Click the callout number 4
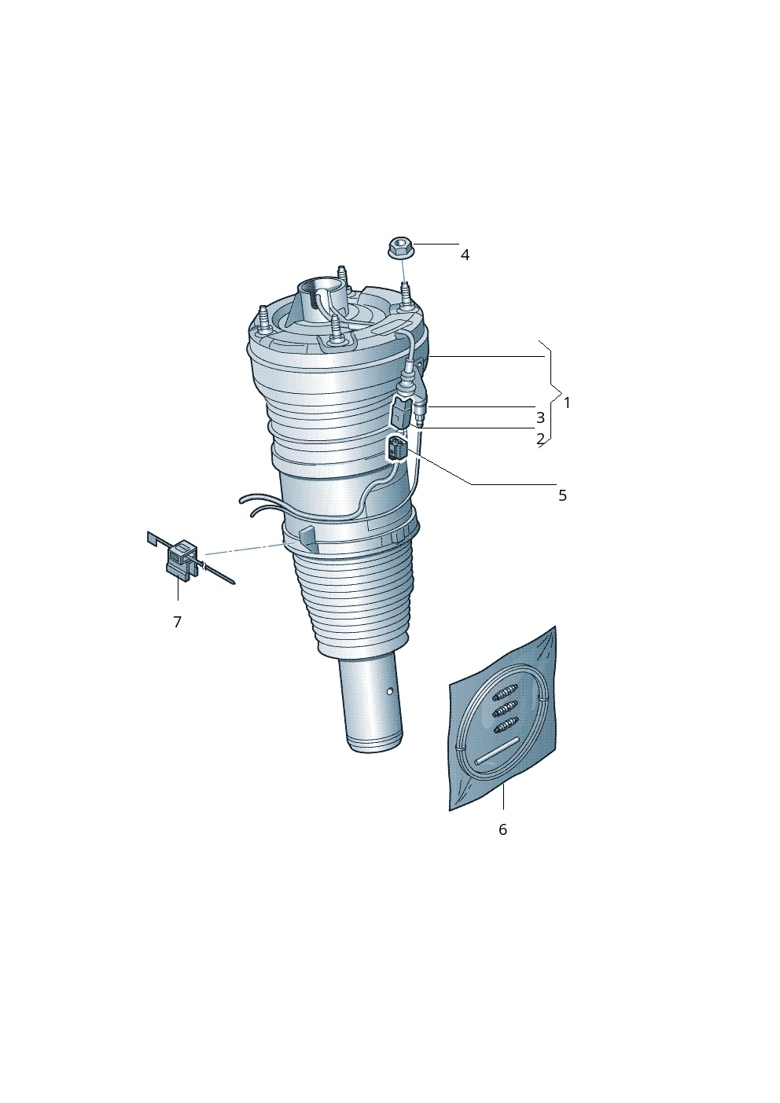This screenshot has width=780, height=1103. click(465, 255)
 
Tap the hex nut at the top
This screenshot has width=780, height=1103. click(401, 247)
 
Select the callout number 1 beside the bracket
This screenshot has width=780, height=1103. click(567, 403)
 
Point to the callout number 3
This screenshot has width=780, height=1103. click(540, 417)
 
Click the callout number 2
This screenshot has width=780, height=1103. click(540, 438)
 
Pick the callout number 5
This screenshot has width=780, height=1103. click(563, 495)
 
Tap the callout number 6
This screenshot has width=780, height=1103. click(502, 829)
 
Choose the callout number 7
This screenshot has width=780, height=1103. click(178, 622)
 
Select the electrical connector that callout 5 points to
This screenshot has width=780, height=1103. click(398, 449)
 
